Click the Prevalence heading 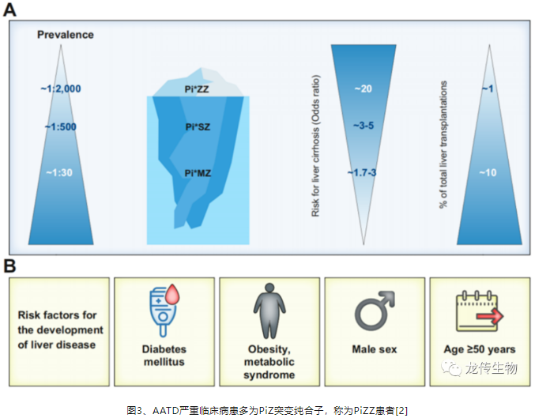pos(65,35)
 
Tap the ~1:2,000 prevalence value pos(61,88)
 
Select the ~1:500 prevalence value pos(60,127)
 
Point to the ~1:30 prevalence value pos(59,173)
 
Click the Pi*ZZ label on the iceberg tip pos(197,89)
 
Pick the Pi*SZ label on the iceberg pos(198,127)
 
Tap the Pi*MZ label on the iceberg pos(198,173)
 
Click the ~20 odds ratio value pos(363,88)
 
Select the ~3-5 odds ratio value pos(364,126)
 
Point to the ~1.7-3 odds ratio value pos(362,173)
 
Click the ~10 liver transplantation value pos(488,173)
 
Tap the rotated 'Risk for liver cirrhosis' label pos(315,145)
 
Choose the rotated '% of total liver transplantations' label pos(443,145)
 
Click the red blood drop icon pos(172,295)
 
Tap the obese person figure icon pos(269,311)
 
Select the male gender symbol pos(374,311)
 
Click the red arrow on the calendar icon pos(490,316)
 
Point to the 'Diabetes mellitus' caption pos(164,356)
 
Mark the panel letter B pos(9,266)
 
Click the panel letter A pos(9,9)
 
